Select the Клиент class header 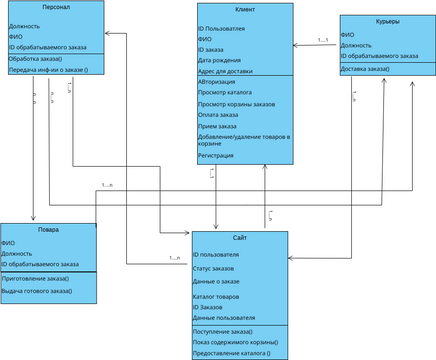coord(244,9)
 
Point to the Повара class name coord(48,229)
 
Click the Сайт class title coord(239,237)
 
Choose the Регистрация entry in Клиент coord(217,155)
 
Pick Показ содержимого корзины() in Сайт coord(235,342)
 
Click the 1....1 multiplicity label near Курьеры coord(323,40)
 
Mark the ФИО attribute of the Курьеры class coord(347,34)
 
